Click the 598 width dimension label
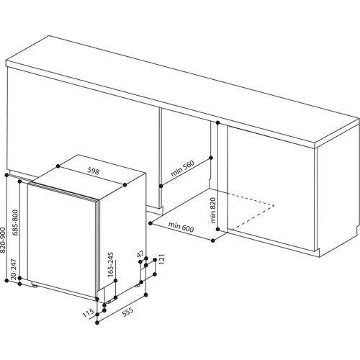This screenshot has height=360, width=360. [93, 171]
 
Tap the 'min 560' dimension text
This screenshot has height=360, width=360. [182, 168]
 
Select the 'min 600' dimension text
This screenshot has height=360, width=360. [181, 228]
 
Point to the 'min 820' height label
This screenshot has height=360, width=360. [213, 210]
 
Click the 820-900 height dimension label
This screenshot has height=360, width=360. [3, 240]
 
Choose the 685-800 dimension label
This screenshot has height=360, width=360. [15, 222]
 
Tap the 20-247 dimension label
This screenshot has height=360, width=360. [14, 269]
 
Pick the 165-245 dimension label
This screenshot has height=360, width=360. [110, 264]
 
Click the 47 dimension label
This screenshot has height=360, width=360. [140, 254]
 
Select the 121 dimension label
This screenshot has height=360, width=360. [161, 258]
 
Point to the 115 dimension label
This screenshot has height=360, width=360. [88, 313]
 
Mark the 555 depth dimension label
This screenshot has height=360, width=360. [127, 312]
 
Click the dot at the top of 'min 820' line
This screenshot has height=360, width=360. [217, 122]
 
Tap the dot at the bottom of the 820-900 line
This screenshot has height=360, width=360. [6, 280]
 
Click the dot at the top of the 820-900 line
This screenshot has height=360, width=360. [6, 175]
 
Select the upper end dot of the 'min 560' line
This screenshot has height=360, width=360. [211, 158]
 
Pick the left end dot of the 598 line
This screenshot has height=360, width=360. [58, 166]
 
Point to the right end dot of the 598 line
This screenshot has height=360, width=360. [125, 184]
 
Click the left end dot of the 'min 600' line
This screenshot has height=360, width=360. [150, 223]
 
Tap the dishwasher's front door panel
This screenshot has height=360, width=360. [63, 240]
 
